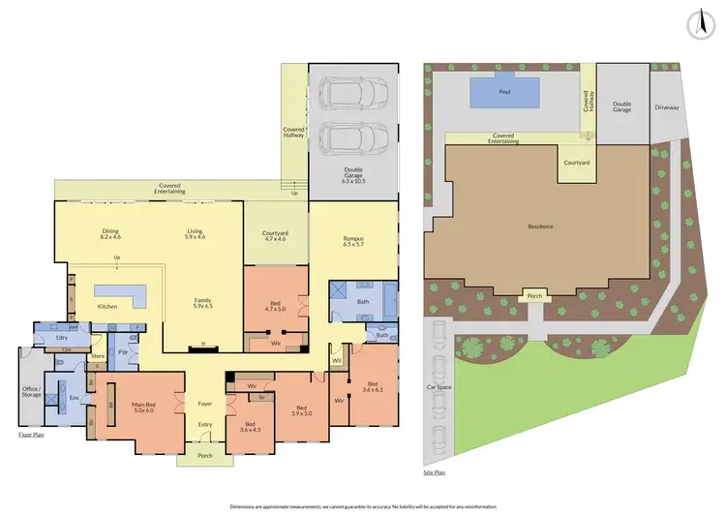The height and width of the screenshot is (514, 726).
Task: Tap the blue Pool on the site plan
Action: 503,92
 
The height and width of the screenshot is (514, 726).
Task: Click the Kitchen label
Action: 108,307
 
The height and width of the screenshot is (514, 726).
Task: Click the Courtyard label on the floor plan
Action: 276,235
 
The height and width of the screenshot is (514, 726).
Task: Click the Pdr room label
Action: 123,352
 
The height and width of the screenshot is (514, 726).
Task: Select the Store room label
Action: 97,355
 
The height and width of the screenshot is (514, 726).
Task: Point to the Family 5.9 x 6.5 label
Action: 202,303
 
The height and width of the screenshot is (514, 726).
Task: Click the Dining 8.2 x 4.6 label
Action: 110,234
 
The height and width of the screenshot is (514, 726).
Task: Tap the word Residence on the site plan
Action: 540,227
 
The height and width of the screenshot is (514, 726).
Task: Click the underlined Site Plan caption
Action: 436,473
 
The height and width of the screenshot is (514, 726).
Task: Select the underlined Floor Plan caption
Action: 31,435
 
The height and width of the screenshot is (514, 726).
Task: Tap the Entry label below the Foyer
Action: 204,424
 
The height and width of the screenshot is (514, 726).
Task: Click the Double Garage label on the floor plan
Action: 351,177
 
